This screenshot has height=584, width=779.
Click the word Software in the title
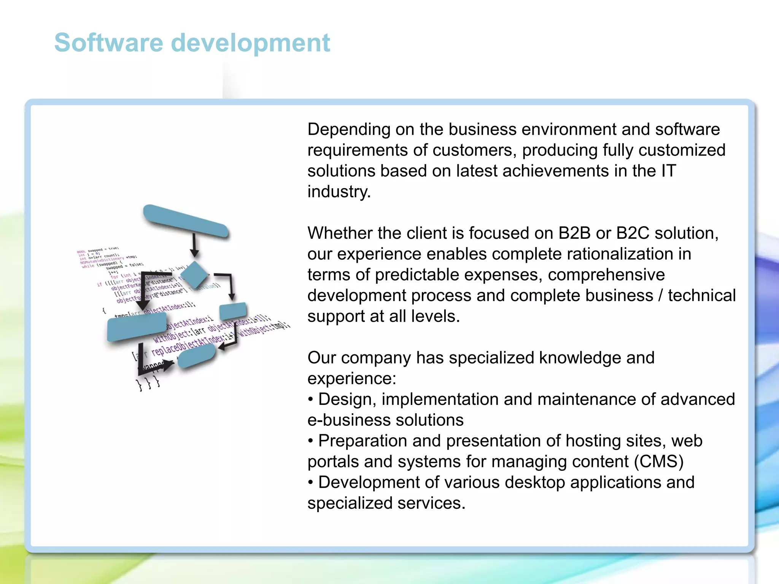[x=108, y=43]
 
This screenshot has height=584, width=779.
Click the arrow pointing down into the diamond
[x=194, y=246]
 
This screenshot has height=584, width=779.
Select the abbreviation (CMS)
[x=659, y=462]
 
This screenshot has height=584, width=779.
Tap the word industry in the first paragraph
[x=339, y=192]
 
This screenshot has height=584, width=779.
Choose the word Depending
[x=349, y=130]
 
